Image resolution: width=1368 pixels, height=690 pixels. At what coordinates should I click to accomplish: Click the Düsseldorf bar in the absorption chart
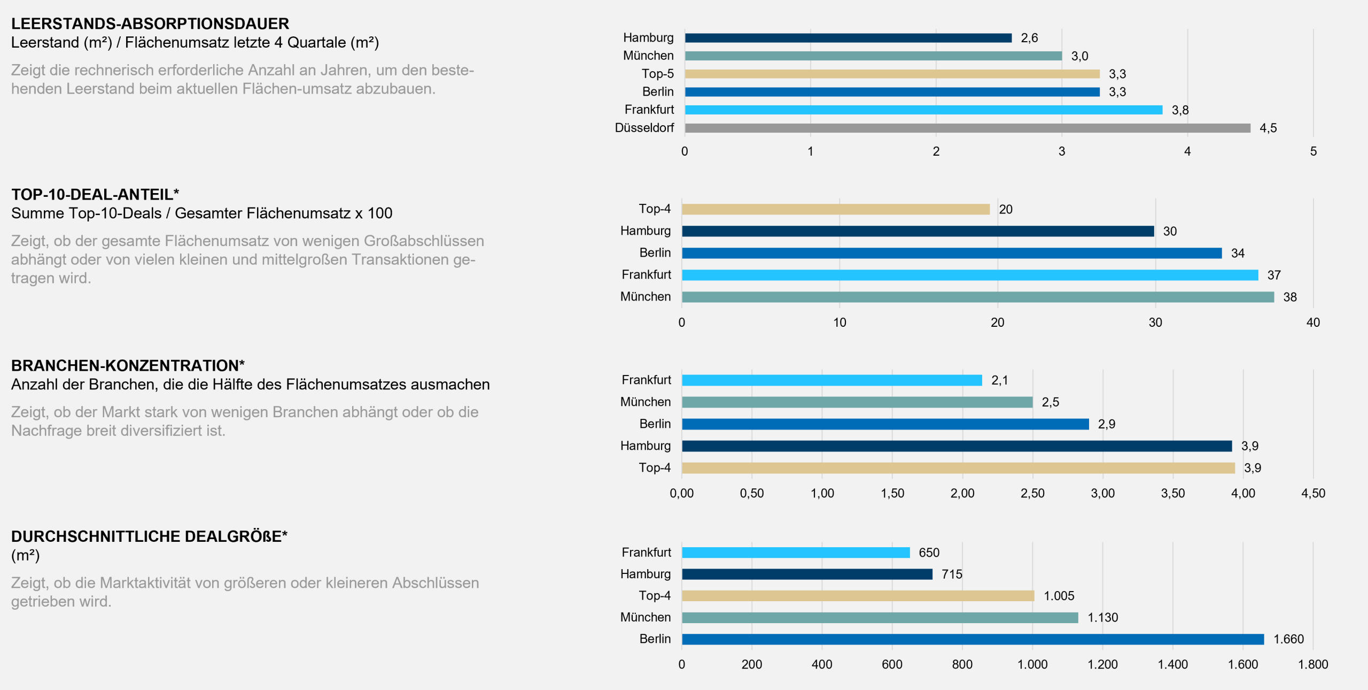(x=968, y=128)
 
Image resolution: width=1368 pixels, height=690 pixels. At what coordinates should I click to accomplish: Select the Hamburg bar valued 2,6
(x=849, y=38)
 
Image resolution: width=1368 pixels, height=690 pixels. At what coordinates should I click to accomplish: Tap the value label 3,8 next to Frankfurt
(x=1180, y=110)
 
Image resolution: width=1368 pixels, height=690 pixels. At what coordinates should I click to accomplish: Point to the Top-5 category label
(x=658, y=74)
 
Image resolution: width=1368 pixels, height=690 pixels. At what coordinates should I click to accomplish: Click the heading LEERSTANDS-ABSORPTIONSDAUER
(x=150, y=24)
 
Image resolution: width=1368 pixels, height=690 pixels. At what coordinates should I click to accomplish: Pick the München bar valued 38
(x=978, y=297)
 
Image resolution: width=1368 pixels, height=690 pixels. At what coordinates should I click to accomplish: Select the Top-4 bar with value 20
(x=836, y=209)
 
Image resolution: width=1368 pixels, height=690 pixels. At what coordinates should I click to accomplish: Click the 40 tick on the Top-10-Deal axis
(x=1313, y=323)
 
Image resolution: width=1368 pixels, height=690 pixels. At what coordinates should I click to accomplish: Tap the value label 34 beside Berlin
(x=1238, y=254)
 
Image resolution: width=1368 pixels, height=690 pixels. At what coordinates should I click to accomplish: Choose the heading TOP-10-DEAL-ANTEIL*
(x=95, y=195)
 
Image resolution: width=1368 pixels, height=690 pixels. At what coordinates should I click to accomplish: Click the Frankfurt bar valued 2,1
(x=832, y=380)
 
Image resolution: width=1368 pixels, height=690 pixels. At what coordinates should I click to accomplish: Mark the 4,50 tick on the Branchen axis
(x=1313, y=493)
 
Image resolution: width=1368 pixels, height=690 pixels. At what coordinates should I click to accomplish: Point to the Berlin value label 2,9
(x=1106, y=424)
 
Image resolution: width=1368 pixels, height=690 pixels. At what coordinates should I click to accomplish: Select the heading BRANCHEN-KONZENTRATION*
(x=128, y=366)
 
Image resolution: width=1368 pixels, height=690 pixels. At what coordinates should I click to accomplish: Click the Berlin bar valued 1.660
(x=973, y=639)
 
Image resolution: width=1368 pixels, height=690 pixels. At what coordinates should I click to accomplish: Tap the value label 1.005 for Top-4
(x=1059, y=596)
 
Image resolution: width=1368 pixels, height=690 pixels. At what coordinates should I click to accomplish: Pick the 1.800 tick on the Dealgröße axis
(x=1313, y=664)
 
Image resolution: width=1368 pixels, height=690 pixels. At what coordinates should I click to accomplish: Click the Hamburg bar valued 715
(x=807, y=574)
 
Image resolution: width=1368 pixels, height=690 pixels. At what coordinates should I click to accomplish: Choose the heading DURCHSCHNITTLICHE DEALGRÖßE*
(x=149, y=536)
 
